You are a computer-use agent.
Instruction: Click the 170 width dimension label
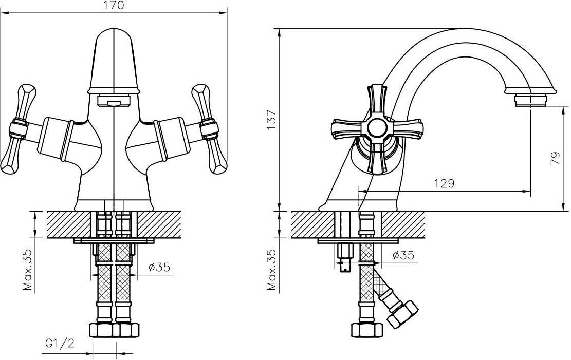point(113,5)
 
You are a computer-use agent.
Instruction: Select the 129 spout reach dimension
point(444,183)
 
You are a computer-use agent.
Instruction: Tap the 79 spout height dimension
point(556,158)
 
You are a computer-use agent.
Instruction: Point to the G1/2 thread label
point(60,343)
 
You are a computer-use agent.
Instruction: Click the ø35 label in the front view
point(159,267)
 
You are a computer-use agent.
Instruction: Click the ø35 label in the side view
point(403,255)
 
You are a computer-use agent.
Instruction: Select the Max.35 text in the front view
point(28,270)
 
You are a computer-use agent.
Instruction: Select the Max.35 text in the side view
point(272,270)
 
